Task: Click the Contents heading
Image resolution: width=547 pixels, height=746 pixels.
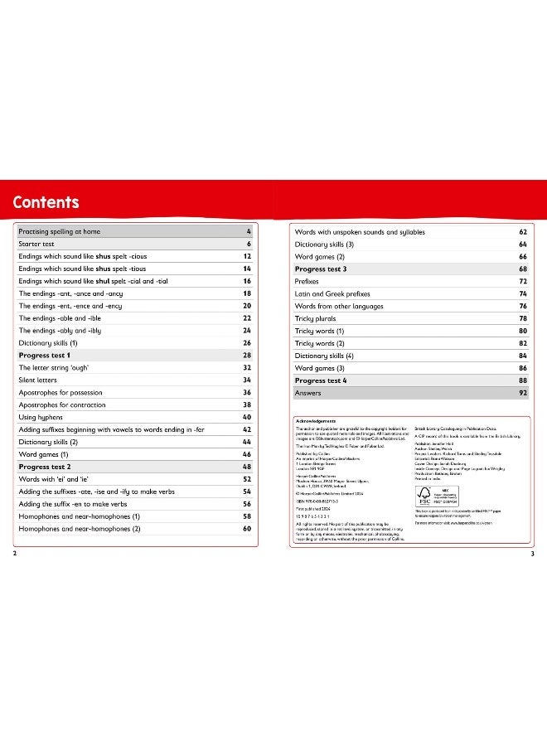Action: coord(46,202)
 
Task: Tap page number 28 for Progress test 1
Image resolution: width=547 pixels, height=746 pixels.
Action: coord(246,355)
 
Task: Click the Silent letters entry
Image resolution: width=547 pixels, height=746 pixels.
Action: coord(41,380)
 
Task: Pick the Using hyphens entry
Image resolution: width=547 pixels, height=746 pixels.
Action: coord(42,417)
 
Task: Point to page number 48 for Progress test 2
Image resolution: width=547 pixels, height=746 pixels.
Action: coord(246,467)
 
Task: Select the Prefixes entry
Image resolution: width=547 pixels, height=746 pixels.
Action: coord(310,282)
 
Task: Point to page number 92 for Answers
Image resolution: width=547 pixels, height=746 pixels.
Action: coord(522,393)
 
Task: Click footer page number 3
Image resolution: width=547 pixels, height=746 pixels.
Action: coord(532,553)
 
